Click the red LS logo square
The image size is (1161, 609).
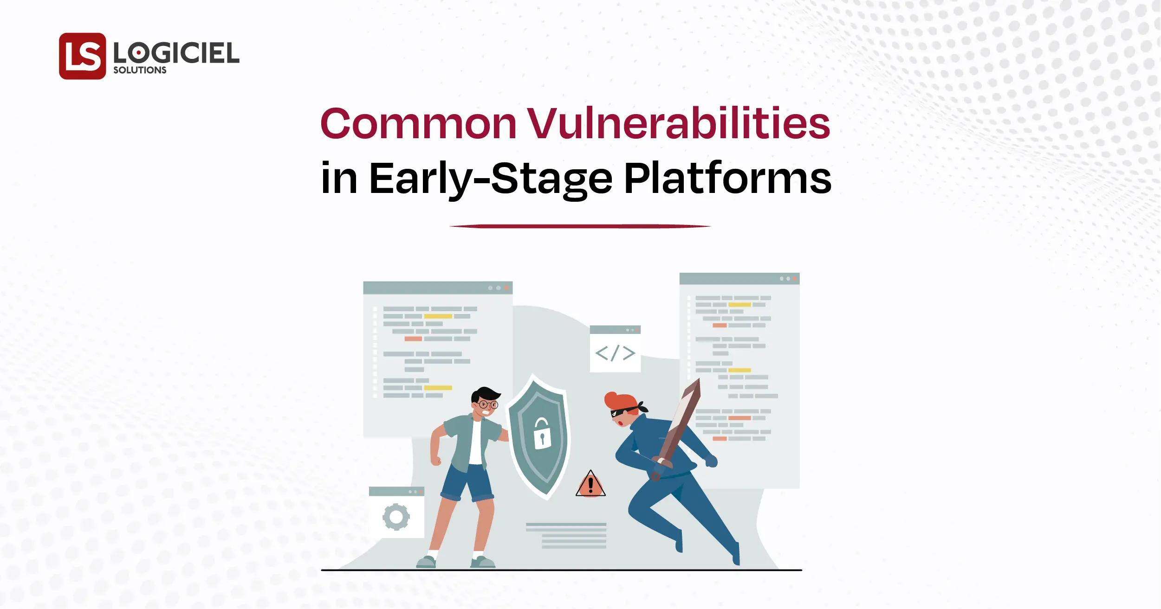tap(83, 56)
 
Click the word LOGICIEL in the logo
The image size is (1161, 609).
tap(176, 53)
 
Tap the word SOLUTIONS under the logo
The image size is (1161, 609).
tap(140, 71)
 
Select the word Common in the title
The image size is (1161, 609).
tap(418, 124)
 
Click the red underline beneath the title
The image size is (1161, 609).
tap(580, 226)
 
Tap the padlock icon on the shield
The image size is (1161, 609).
tap(540, 433)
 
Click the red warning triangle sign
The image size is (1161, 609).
tap(590, 484)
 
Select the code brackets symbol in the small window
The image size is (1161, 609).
tap(615, 353)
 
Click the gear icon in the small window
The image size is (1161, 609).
tap(396, 517)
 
